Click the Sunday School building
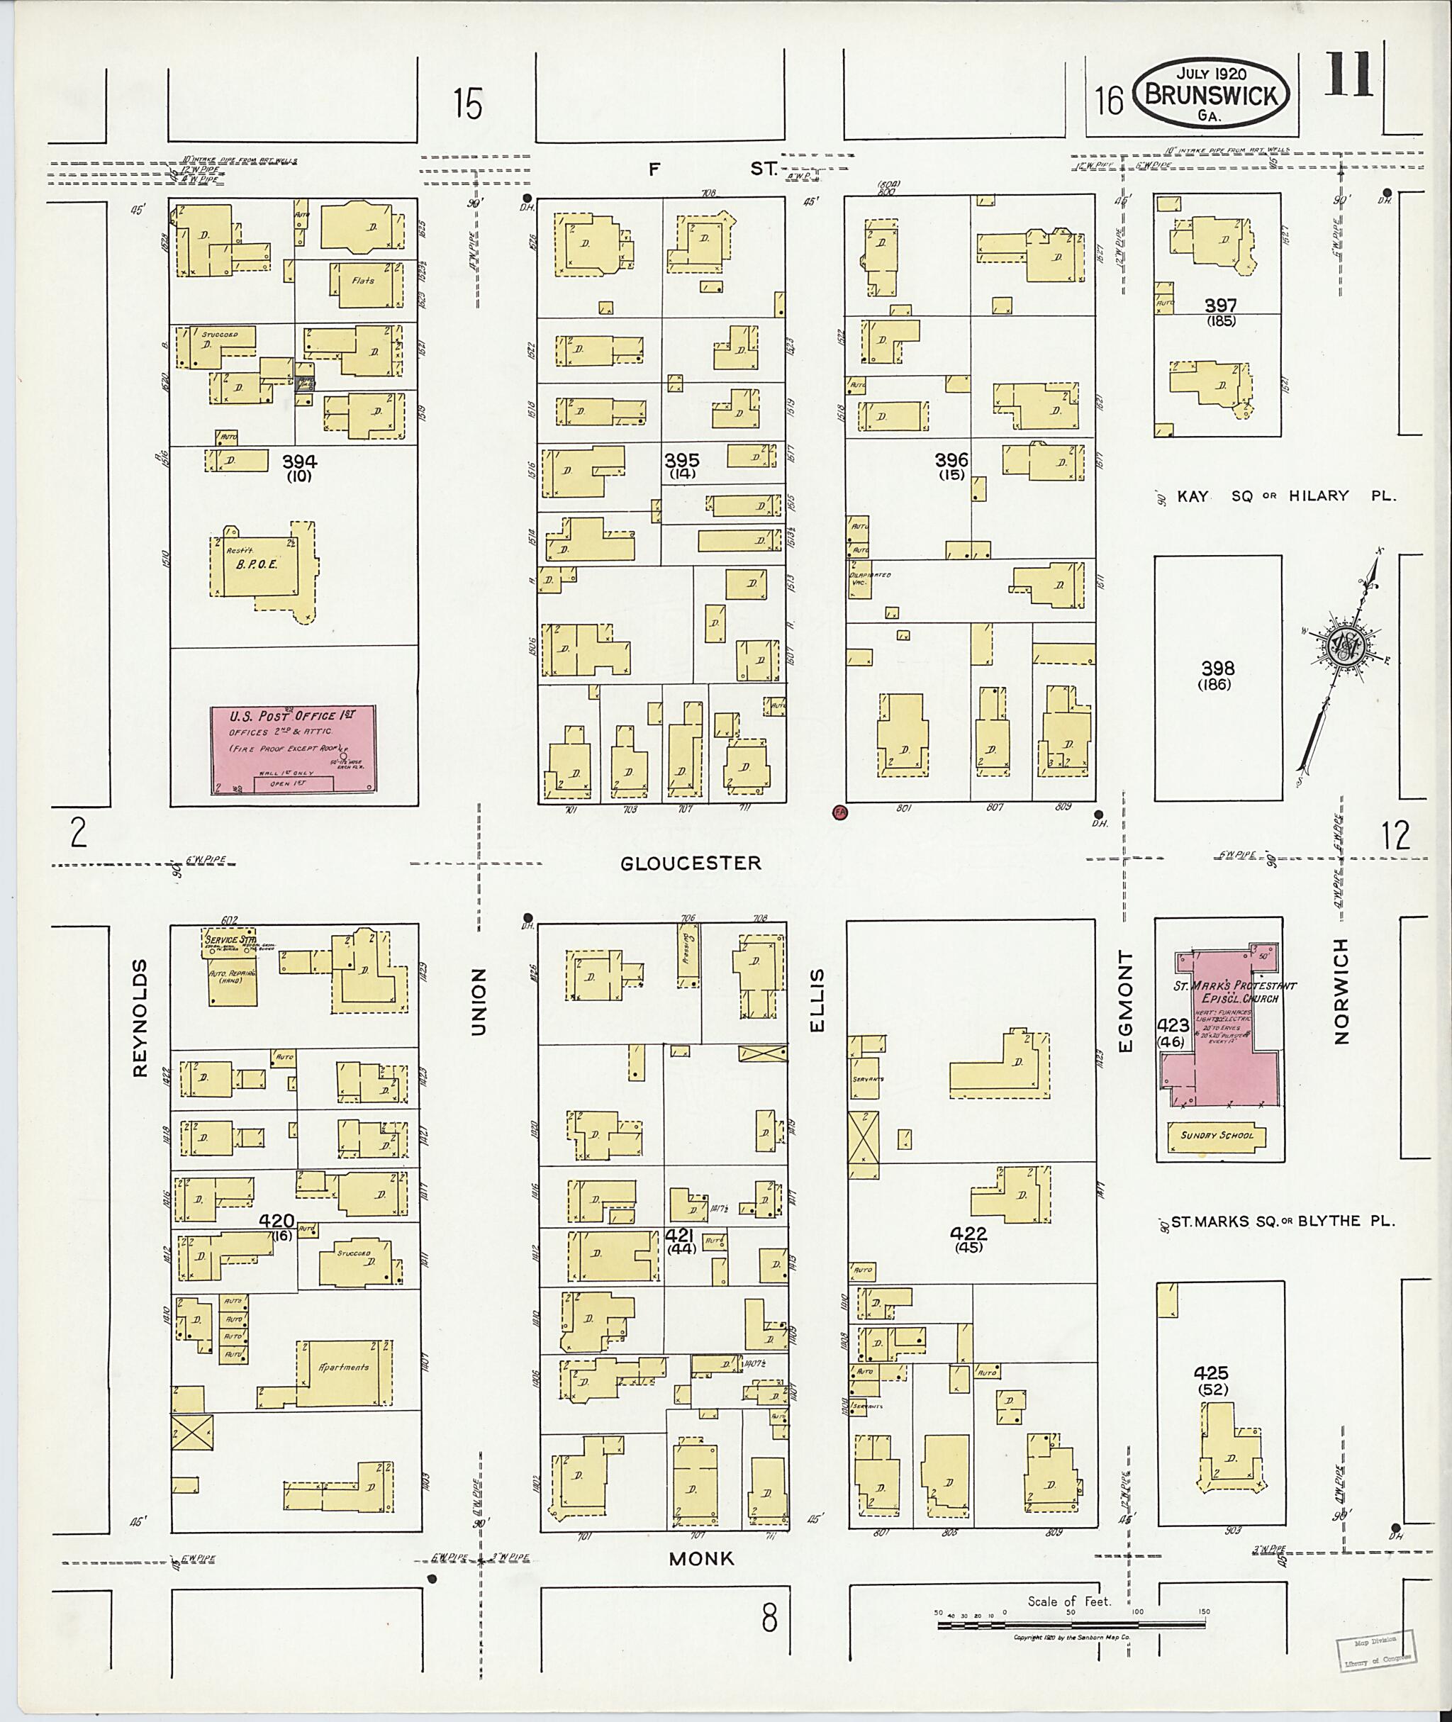click(x=1217, y=1136)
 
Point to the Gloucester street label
click(x=691, y=863)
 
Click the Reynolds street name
click(x=139, y=1018)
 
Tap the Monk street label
click(x=701, y=1559)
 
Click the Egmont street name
click(x=1126, y=1001)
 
